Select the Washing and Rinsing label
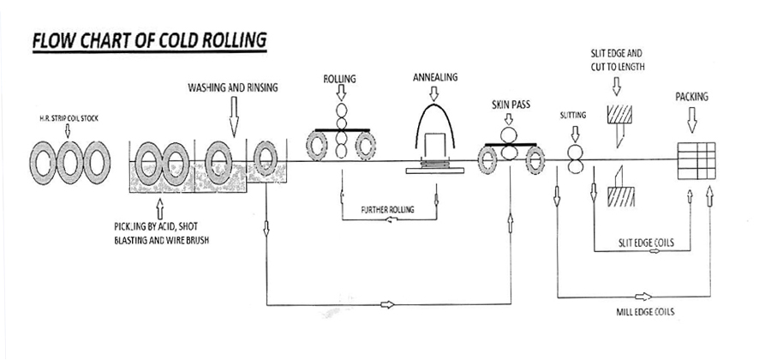point(233,87)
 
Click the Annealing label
point(435,77)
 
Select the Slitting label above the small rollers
point(574,115)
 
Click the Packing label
point(691,97)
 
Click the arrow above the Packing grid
point(691,123)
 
